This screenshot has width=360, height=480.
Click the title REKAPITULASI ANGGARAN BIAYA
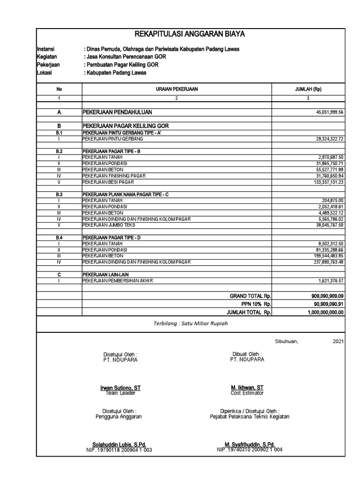189,34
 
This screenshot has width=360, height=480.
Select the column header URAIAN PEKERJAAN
177,89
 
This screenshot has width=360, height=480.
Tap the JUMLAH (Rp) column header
308,89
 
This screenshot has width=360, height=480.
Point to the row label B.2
59,151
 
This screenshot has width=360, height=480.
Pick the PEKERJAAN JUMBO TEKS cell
104,225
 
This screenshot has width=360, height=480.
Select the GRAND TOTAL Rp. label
250,296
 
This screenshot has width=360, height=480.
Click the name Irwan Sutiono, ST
120,388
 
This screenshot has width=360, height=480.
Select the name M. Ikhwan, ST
247,388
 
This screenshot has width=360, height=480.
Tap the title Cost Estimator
247,393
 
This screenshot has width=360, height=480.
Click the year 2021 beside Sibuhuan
338,342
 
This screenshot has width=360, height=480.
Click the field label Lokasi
45,73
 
